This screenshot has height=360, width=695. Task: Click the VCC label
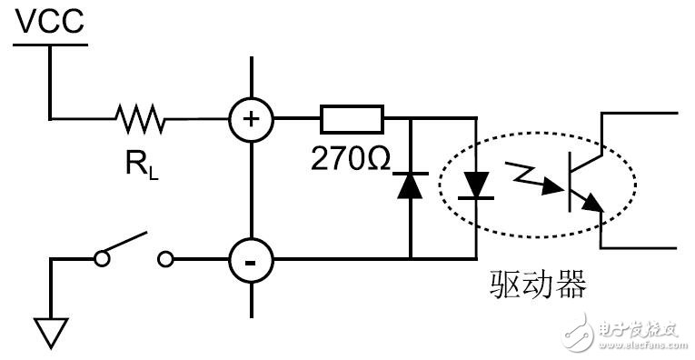point(50,21)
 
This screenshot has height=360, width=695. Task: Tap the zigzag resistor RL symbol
point(138,117)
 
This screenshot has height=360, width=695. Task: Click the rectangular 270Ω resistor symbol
point(352,117)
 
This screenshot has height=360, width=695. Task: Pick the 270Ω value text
point(351,160)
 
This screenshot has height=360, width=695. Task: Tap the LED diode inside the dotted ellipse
point(475,186)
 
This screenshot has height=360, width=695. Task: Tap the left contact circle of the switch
point(103,260)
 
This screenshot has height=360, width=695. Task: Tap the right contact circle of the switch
point(164,260)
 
